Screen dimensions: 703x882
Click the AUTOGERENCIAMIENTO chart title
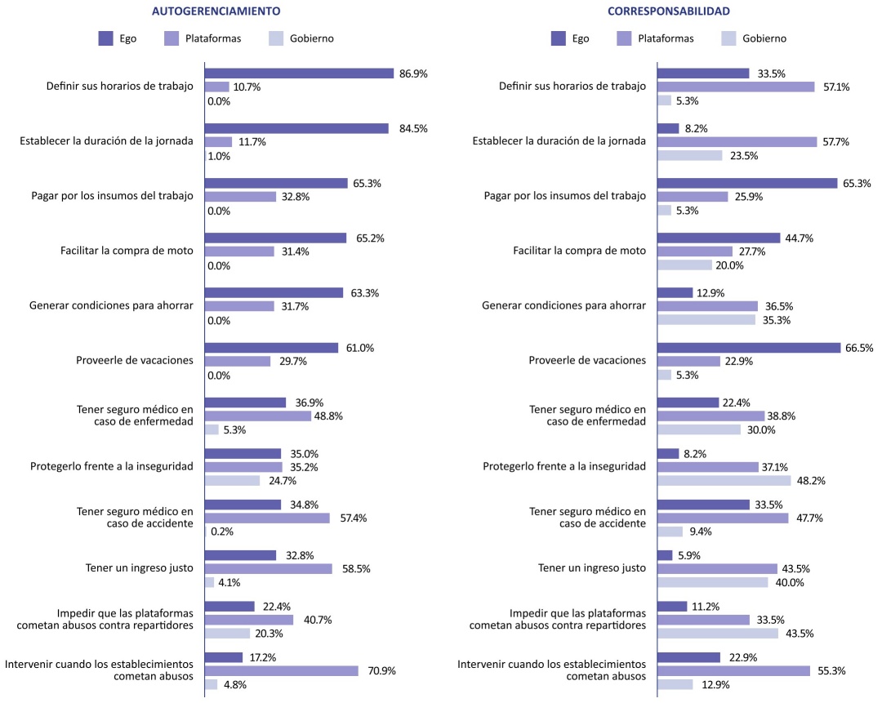pyautogui.click(x=216, y=11)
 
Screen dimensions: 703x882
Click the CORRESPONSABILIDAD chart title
pyautogui.click(x=668, y=11)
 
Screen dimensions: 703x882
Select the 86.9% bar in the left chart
pyautogui.click(x=299, y=73)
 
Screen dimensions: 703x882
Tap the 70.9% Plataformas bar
pyautogui.click(x=281, y=671)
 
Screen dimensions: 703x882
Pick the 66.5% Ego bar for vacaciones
pyautogui.click(x=749, y=348)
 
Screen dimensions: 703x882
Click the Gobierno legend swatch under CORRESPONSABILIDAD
pyautogui.click(x=729, y=38)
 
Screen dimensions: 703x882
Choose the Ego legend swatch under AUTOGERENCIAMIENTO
pyautogui.click(x=105, y=38)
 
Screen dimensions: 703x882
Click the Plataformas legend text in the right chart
pyautogui.click(x=666, y=38)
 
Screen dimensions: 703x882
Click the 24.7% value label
pyautogui.click(x=280, y=481)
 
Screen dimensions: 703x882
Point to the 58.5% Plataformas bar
pyautogui.click(x=268, y=568)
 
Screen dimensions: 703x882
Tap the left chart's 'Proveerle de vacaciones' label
pyautogui.click(x=135, y=360)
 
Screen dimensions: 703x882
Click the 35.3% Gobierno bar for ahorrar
pyautogui.click(x=706, y=320)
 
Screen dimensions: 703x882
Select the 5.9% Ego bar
pyautogui.click(x=665, y=555)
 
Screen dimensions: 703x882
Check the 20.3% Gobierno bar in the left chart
pyautogui.click(x=227, y=633)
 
